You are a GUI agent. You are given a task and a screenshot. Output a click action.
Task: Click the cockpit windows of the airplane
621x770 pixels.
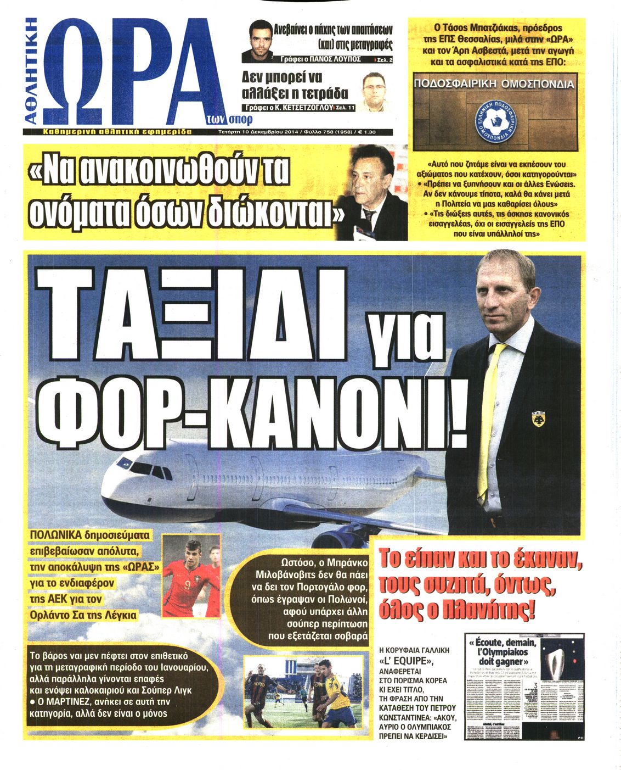[147, 470]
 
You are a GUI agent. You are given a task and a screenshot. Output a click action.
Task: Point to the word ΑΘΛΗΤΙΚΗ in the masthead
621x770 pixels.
[32, 71]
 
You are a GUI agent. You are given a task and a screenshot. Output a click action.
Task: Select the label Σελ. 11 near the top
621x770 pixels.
[345, 108]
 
